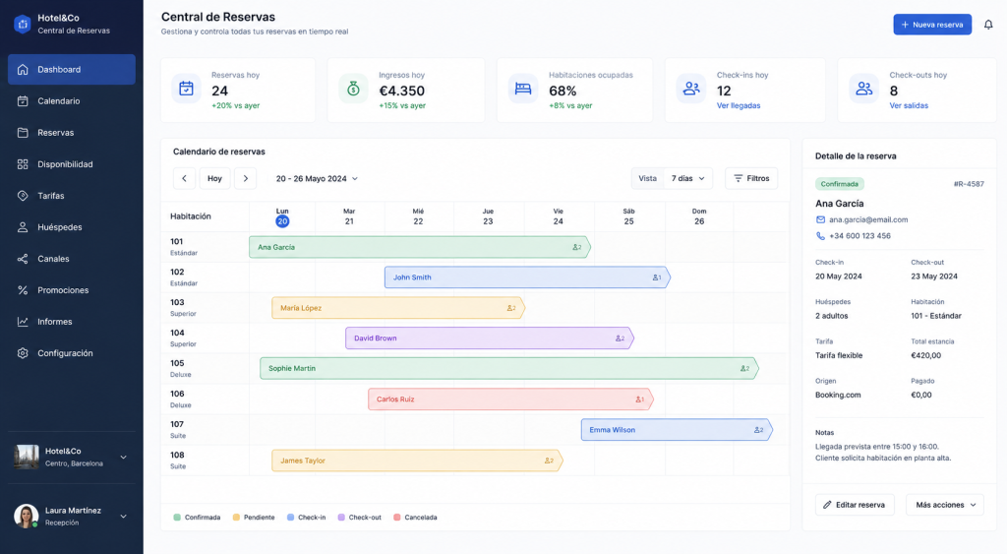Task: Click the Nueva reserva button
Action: (x=932, y=25)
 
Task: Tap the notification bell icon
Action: (x=988, y=25)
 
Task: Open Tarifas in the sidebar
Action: (x=51, y=196)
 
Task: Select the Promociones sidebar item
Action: (x=63, y=290)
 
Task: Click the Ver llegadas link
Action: (x=739, y=105)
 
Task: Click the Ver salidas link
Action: (x=909, y=105)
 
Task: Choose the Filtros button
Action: (x=751, y=178)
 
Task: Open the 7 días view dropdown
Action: (x=687, y=178)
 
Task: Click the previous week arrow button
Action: (x=184, y=178)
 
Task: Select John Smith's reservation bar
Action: (x=527, y=277)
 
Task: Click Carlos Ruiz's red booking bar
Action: (x=510, y=400)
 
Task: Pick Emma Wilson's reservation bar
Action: (x=677, y=429)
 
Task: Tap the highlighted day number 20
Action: (x=282, y=221)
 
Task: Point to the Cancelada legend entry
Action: (x=415, y=518)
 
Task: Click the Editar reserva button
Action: (x=855, y=505)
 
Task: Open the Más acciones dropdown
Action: (x=945, y=505)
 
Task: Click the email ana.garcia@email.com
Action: (x=868, y=219)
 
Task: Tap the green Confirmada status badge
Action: (x=840, y=184)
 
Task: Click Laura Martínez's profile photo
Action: (x=27, y=516)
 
